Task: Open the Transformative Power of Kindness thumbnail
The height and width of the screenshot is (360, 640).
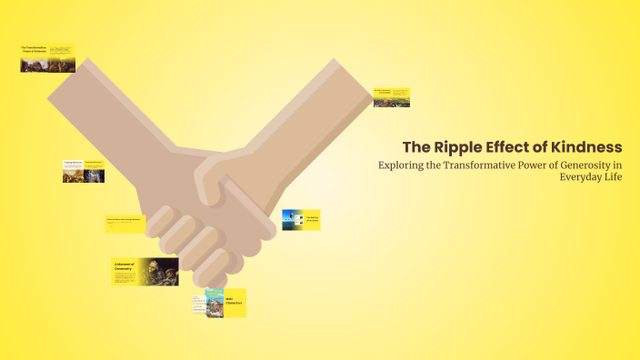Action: pyautogui.click(x=47, y=58)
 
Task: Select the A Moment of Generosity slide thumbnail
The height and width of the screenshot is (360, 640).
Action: pyautogui.click(x=145, y=271)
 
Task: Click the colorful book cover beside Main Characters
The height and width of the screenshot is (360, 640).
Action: pyautogui.click(x=215, y=303)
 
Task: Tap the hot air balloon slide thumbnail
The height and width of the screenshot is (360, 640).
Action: pyautogui.click(x=300, y=220)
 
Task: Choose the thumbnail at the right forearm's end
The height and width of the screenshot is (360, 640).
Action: pyautogui.click(x=392, y=97)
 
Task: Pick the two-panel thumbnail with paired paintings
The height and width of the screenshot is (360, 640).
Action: pyautogui.click(x=84, y=171)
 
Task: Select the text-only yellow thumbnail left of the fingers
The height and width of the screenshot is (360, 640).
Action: pyautogui.click(x=126, y=224)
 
